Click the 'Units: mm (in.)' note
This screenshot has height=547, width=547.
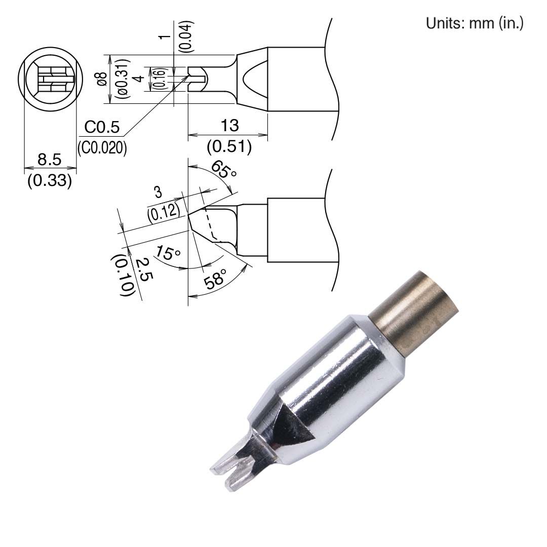475,24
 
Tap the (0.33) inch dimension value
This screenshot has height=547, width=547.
49,180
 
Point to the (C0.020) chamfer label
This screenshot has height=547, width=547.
102,147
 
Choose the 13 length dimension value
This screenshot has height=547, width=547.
228,126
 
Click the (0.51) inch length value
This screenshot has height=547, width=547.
229,147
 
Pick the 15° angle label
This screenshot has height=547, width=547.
168,253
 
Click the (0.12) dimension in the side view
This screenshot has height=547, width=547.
164,209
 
